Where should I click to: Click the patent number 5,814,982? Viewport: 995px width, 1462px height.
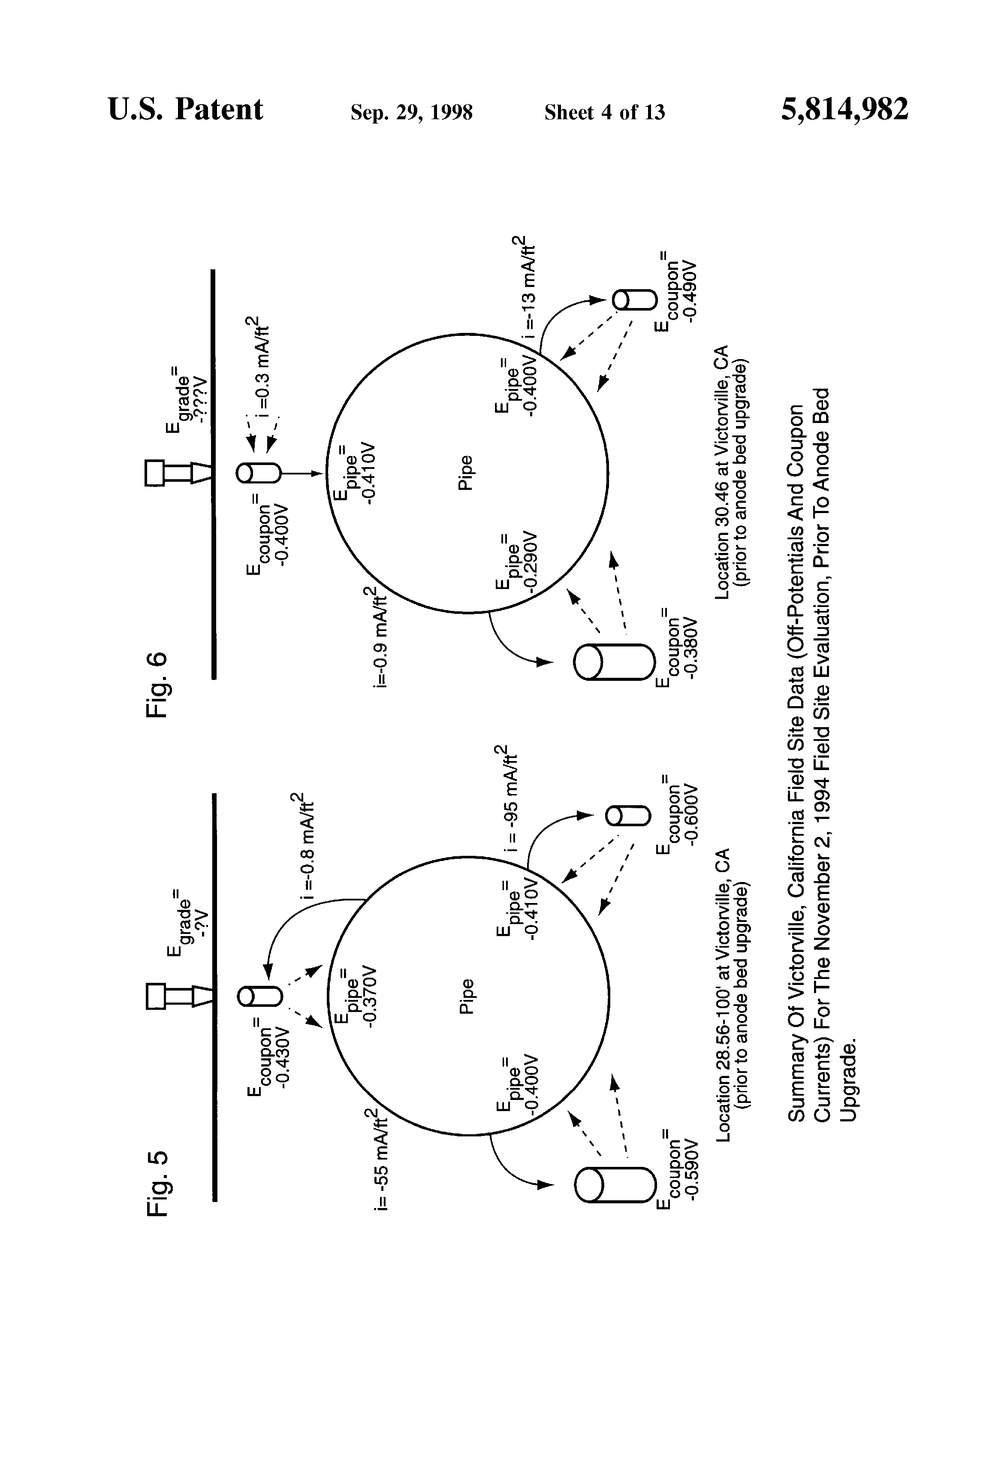pos(845,109)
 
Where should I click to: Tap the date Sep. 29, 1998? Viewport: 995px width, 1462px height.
pos(411,112)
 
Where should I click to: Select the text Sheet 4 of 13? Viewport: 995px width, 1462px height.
pos(604,112)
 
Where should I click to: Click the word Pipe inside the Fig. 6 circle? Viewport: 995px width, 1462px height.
pos(466,473)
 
